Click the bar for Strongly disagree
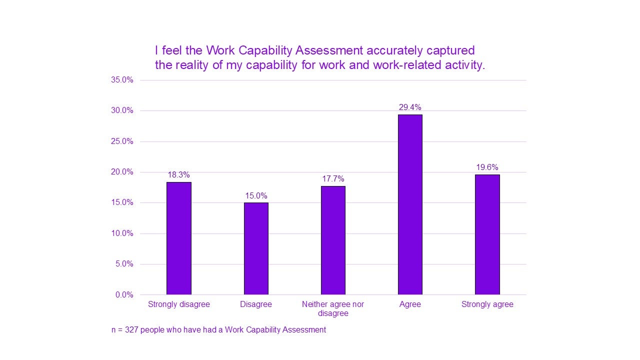(178, 238)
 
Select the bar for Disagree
(256, 248)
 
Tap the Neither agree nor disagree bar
(333, 240)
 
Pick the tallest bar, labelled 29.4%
(410, 204)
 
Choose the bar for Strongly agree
(487, 234)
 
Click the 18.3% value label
(178, 175)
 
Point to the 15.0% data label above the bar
(256, 195)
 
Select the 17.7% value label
(333, 179)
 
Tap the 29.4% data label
(410, 107)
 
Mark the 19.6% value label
(487, 167)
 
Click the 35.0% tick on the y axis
(122, 80)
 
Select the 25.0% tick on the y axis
(122, 141)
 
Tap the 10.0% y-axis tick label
(122, 233)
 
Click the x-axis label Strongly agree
(487, 304)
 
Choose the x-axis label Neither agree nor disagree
(333, 309)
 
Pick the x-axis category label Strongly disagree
(178, 304)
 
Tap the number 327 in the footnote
(131, 330)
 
